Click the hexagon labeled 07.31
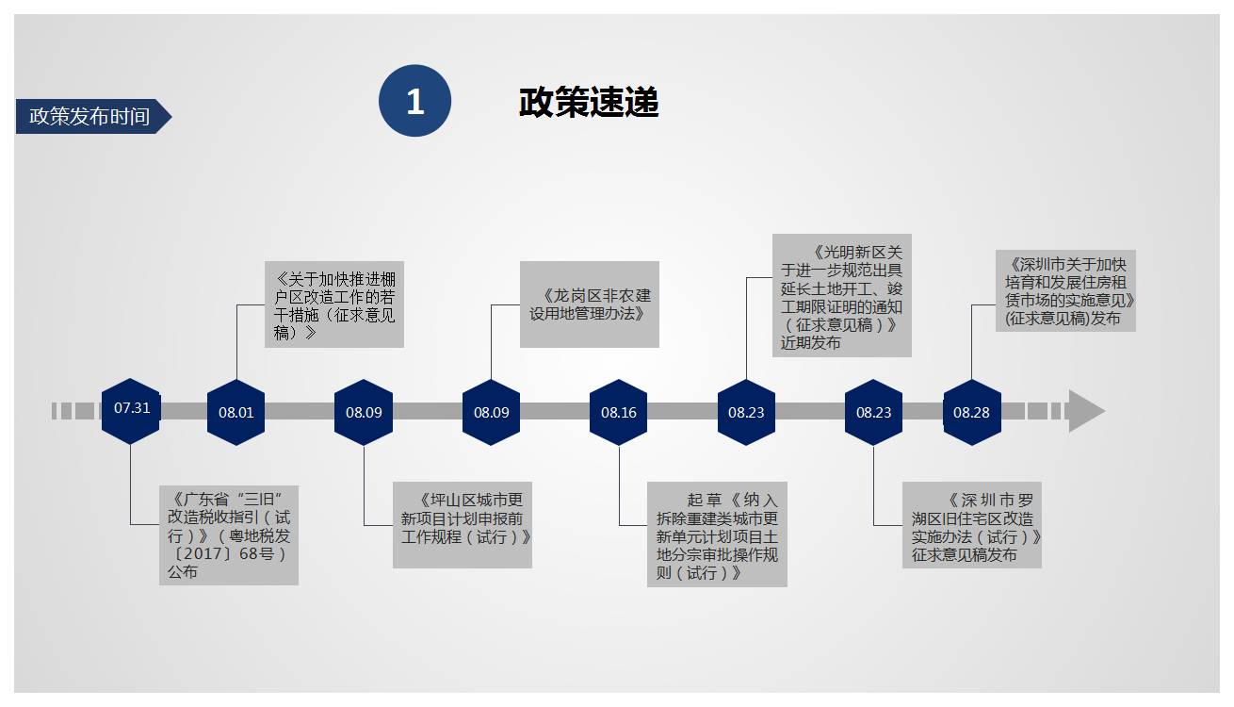131,410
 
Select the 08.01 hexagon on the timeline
235,412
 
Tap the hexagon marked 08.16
619,412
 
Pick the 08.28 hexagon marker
971,412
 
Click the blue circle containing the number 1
414,101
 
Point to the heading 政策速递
589,102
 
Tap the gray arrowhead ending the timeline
1085,411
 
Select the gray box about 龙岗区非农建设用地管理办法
589,304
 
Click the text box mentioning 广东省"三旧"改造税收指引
229,534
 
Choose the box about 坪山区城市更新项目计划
462,525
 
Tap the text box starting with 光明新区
841,295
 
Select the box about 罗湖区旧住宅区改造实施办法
971,525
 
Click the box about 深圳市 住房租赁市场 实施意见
1065,289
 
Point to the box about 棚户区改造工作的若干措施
333,304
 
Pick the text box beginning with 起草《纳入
717,534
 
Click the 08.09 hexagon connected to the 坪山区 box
364,412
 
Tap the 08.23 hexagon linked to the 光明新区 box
746,412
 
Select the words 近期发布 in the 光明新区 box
811,343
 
